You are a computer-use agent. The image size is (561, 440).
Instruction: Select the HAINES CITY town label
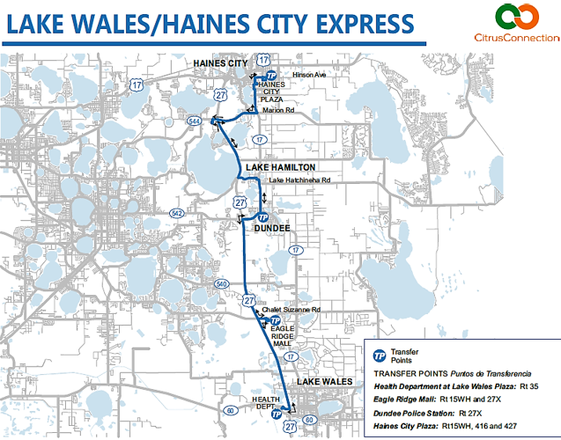pos(220,62)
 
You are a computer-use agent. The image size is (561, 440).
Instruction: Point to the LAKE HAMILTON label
pos(280,167)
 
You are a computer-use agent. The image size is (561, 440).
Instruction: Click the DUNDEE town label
pos(272,228)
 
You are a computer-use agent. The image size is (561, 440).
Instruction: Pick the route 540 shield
pos(222,283)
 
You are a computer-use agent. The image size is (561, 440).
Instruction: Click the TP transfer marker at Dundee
pos(262,216)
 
